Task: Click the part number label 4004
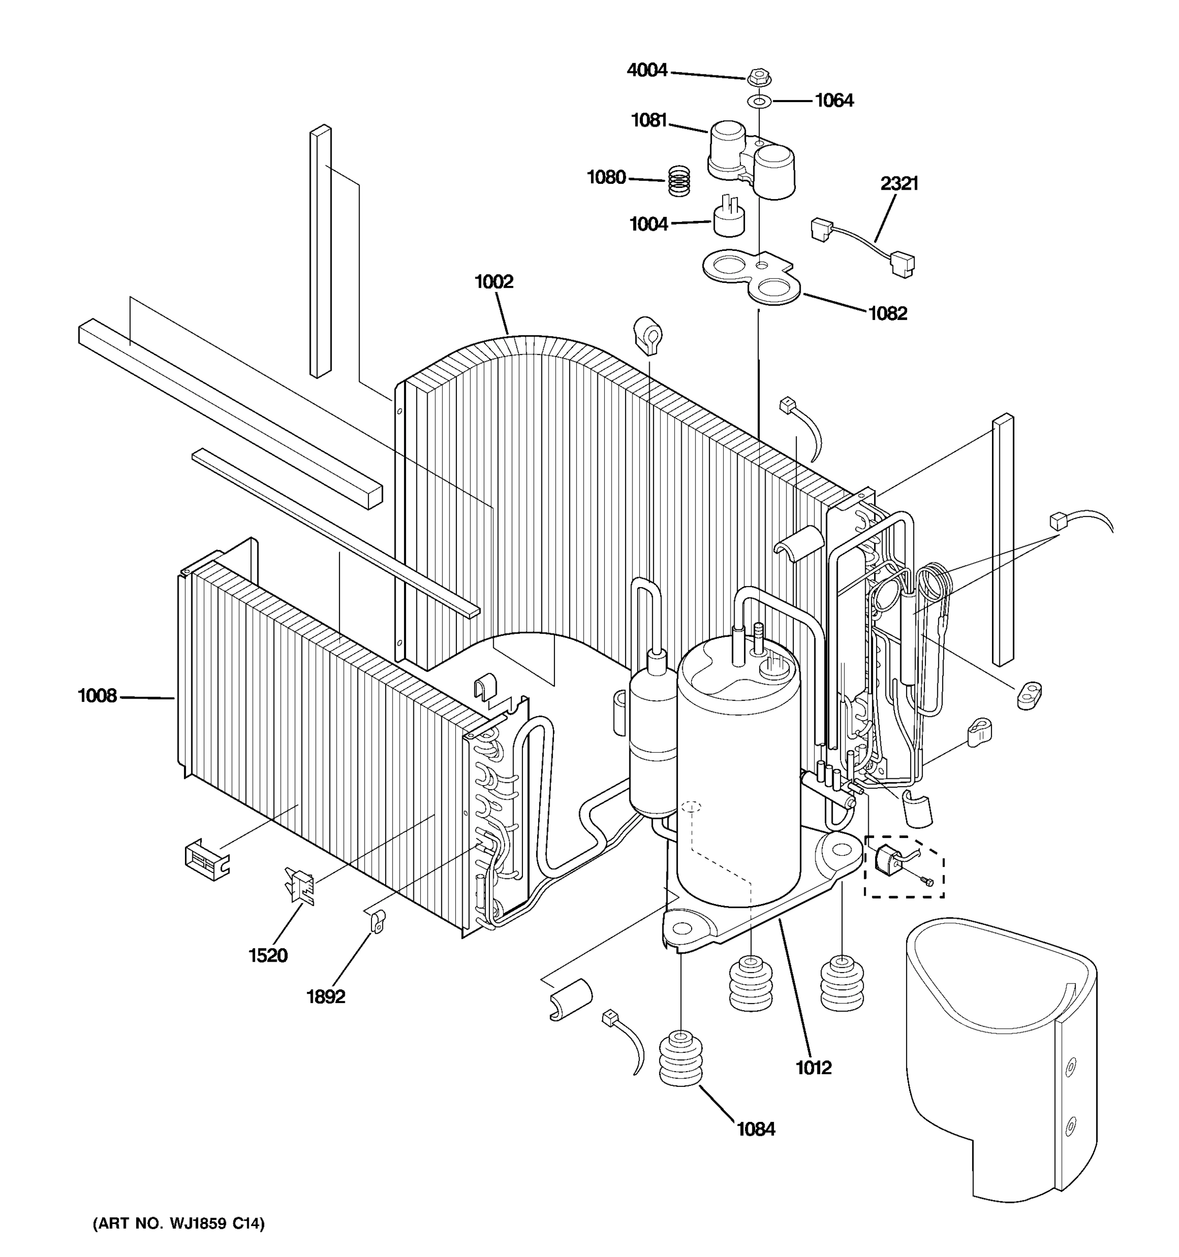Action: coord(647,70)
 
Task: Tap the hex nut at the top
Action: coord(755,78)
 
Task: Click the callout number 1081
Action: coord(649,120)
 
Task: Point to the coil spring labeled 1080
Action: coord(679,181)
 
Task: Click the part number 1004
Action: coord(648,224)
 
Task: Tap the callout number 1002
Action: coord(494,282)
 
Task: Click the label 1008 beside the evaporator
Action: coord(97,696)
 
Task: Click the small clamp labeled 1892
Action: coord(377,921)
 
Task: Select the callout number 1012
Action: coord(813,1067)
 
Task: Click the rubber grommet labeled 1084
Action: coord(681,1058)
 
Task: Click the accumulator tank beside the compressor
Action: coord(653,740)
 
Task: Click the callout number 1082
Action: coord(888,314)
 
